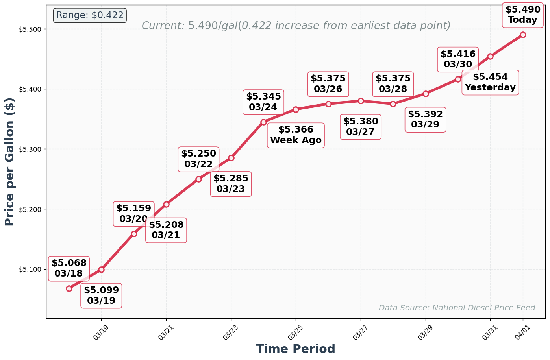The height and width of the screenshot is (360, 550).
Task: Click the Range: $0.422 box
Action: [90, 15]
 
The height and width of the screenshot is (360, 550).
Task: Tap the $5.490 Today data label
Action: [523, 15]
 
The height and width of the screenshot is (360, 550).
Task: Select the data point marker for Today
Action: [523, 35]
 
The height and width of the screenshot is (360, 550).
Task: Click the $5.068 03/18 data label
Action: [69, 268]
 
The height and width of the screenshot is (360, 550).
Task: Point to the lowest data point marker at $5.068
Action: [69, 288]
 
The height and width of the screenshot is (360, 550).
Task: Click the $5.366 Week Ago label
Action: [296, 135]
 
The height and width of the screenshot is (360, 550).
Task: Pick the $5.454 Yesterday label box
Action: [490, 82]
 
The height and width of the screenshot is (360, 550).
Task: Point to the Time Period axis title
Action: [295, 349]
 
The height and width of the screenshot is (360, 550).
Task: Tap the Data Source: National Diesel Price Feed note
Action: [457, 308]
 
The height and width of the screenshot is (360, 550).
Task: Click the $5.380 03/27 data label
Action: [361, 127]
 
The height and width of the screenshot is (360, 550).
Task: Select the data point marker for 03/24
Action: [263, 122]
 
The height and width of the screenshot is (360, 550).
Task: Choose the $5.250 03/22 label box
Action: [198, 159]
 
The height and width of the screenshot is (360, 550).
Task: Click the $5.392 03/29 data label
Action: [425, 120]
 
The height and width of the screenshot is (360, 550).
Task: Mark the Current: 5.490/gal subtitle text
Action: [296, 26]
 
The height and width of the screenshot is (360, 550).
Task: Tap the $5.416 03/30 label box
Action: [457, 59]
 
